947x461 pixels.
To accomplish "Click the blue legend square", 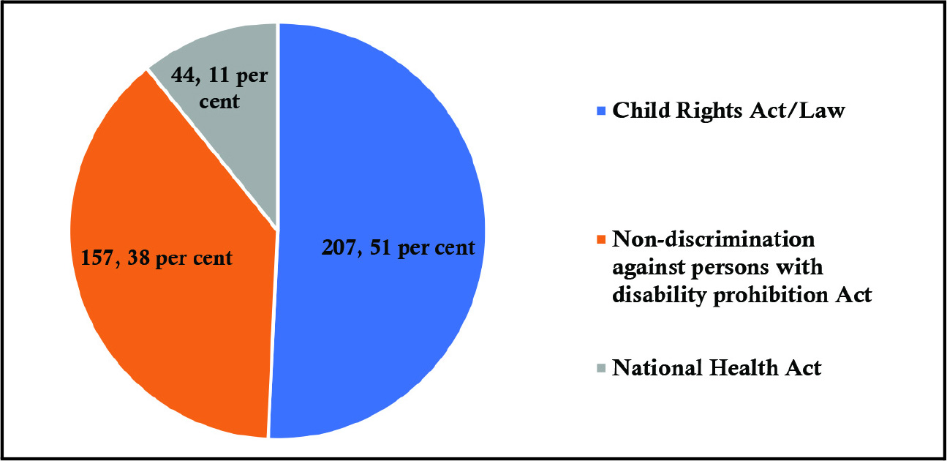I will pos(602,111).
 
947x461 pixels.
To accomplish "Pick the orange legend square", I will pos(602,239).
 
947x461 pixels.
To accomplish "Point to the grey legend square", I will pos(602,368).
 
